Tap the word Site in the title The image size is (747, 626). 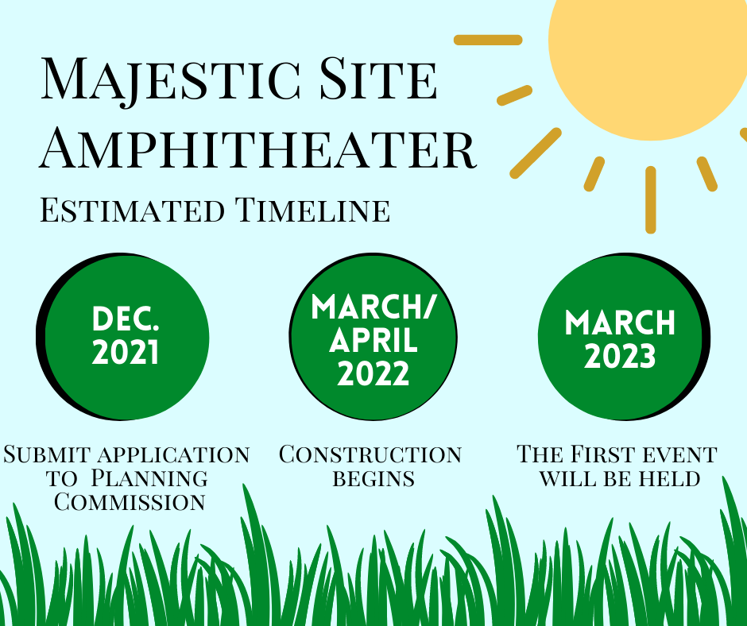coord(378,78)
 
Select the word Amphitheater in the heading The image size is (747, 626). coord(257,148)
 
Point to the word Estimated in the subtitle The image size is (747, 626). coord(132,210)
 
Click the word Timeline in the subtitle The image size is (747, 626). coord(312,210)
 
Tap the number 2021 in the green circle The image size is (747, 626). coord(126,353)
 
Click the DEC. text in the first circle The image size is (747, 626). coord(126,319)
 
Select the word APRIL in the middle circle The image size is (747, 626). coord(373,340)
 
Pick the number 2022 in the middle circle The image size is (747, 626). coord(373,373)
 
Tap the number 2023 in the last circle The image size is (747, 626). coord(620,357)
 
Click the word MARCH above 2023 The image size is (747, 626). coord(620,323)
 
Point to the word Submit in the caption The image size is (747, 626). coord(47,454)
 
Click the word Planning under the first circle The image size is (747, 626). coord(149,478)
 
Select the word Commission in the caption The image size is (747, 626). coord(130,502)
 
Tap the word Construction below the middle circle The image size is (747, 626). coord(370,454)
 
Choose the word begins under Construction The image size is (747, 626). coord(373,478)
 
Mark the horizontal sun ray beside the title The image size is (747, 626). coord(488,40)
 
